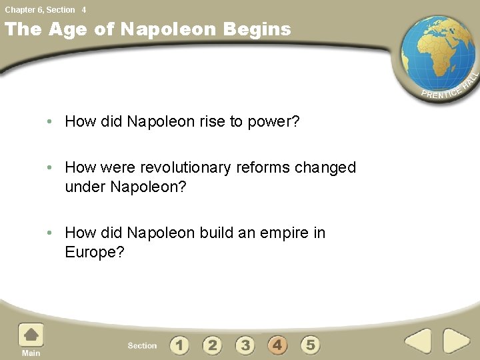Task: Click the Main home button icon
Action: tap(31, 336)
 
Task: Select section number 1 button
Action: tap(179, 345)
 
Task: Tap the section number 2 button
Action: tap(212, 345)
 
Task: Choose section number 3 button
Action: tap(245, 345)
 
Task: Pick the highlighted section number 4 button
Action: tap(277, 345)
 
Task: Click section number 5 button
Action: tap(310, 345)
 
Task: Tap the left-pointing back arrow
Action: tap(419, 341)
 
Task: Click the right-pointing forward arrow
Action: tap(457, 341)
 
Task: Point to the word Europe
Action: tap(94, 252)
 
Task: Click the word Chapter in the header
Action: tap(19, 9)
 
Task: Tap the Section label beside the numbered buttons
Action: tap(142, 346)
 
